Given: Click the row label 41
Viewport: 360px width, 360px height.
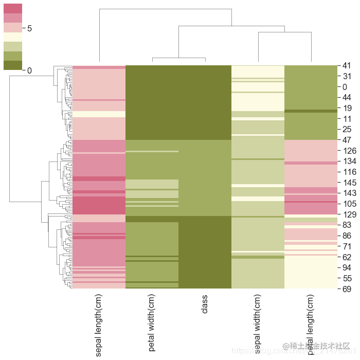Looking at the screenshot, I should (x=346, y=65).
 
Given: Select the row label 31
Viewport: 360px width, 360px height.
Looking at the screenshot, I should (x=346, y=76).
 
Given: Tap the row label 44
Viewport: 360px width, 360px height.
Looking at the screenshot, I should (x=346, y=97).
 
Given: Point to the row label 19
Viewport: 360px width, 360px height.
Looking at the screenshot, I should (x=346, y=108).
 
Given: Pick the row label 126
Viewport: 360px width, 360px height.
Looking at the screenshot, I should (x=348, y=151).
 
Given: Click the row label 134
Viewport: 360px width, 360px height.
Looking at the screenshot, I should (x=348, y=161).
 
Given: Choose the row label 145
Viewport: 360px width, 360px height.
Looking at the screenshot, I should (x=348, y=183).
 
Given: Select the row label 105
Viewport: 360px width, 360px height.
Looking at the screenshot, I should (x=348, y=204).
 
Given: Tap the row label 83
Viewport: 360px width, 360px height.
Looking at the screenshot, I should (x=346, y=225).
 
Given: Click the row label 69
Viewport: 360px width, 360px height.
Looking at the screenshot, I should (x=346, y=289).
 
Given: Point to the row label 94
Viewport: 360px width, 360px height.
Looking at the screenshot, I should (x=346, y=267).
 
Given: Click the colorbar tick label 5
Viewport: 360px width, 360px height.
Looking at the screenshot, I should (x=29, y=28).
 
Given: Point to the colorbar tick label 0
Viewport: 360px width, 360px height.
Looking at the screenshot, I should (x=29, y=70).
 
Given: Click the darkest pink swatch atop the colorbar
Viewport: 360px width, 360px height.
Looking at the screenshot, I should (x=13, y=8).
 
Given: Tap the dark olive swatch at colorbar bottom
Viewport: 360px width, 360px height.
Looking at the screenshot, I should (x=13, y=65).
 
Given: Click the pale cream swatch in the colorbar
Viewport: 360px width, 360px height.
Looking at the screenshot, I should (x=13, y=37).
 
